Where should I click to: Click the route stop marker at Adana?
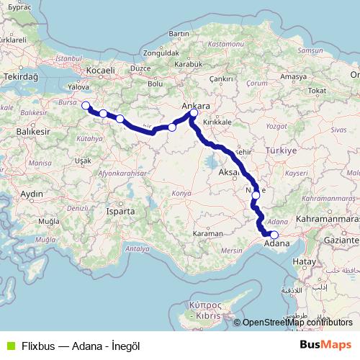tap(274, 234)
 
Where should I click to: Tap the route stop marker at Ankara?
tap(194, 113)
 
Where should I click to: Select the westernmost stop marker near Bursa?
tap(86, 107)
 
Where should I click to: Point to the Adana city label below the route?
tap(278, 244)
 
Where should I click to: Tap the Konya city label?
tap(182, 194)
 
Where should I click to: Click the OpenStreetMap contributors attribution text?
tap(297, 323)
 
